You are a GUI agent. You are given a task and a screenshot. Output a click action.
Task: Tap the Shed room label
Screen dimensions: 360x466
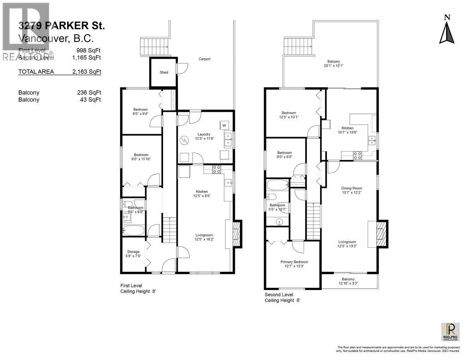pos(164,72)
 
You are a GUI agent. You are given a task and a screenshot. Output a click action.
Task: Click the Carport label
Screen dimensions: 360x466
pos(204,59)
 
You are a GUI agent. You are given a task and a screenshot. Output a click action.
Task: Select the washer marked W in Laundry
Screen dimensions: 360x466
pos(224,125)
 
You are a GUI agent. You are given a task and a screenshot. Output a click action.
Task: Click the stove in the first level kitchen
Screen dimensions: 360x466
pos(216,169)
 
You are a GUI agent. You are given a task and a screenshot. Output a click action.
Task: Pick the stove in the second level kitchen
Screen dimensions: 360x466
pos(357,156)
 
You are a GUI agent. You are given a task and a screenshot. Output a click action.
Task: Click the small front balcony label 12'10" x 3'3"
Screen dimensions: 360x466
pos(348,282)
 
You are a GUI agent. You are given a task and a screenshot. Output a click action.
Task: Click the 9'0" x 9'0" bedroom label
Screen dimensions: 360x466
pos(284,155)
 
